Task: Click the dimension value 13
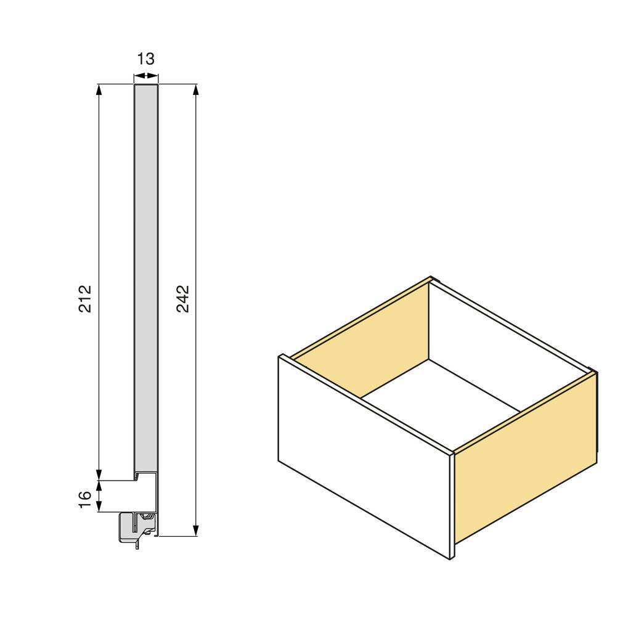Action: pos(146,59)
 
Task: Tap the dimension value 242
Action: pos(183,298)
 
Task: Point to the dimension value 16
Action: pos(86,497)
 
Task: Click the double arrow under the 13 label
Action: pos(146,76)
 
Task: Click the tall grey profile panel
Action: pos(146,277)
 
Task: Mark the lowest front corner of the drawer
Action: pos(450,558)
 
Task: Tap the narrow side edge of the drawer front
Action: pos(452,505)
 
